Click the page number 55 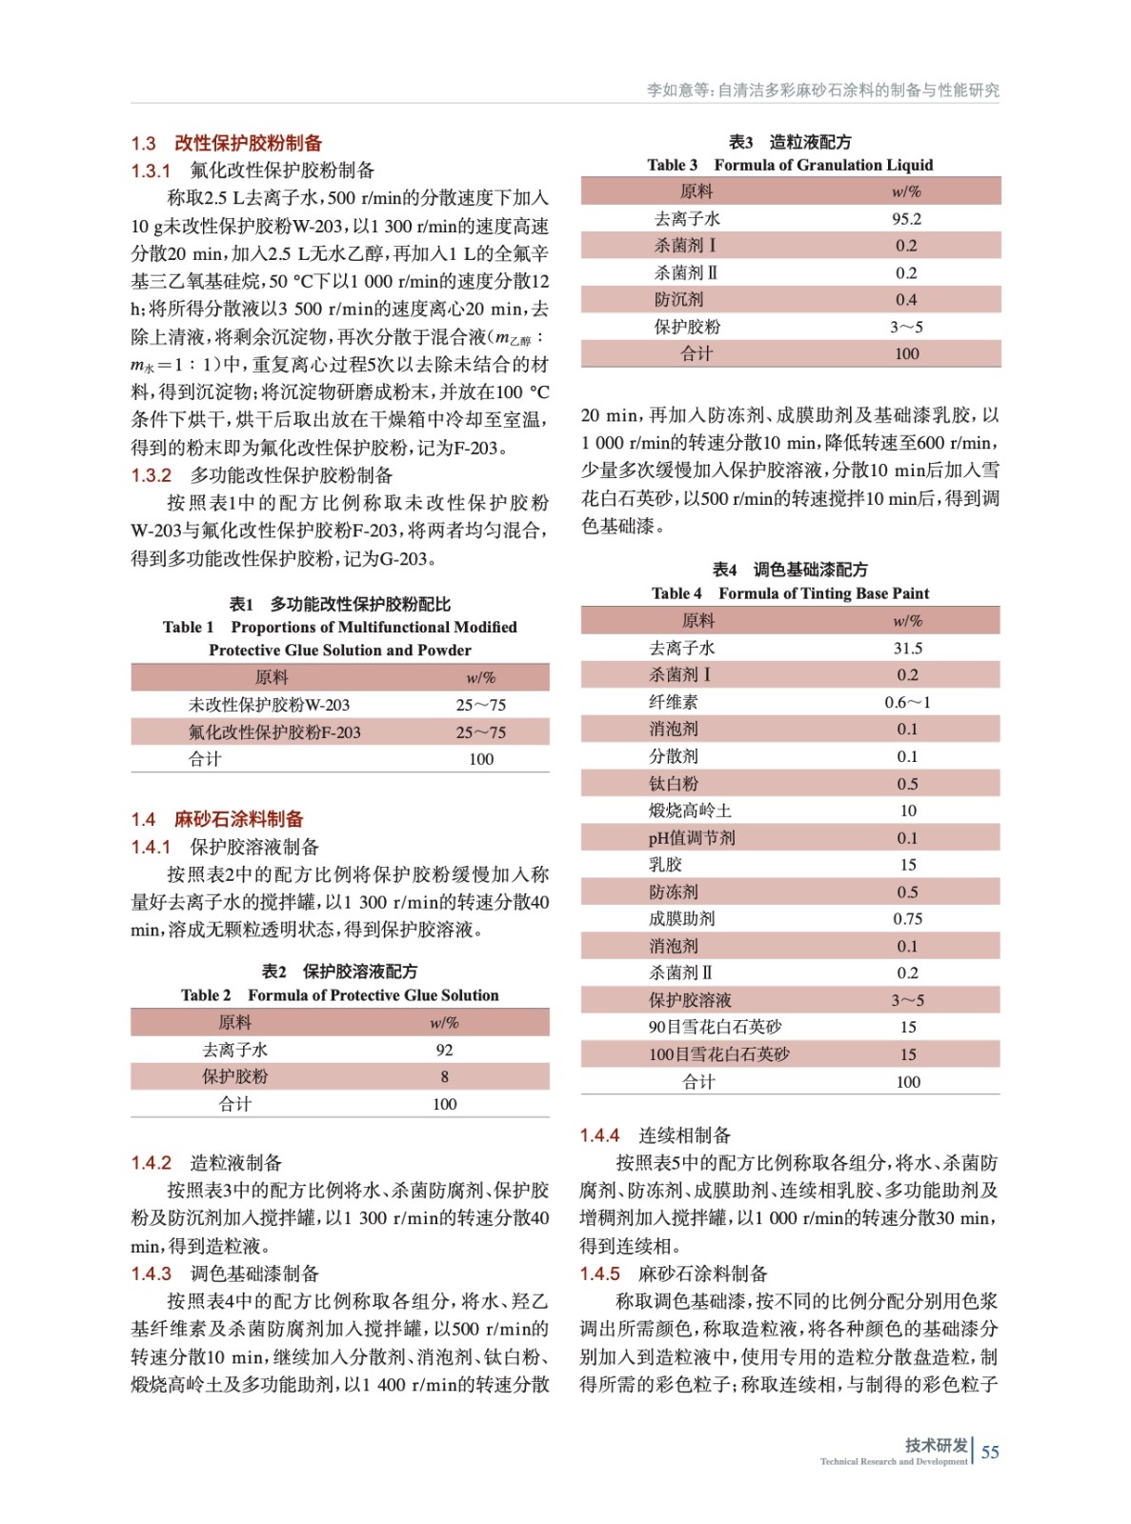[x=990, y=1452]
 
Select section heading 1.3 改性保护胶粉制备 [x=227, y=143]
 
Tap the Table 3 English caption [x=790, y=165]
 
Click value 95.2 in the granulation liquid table [x=906, y=218]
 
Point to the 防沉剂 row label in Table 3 [x=679, y=299]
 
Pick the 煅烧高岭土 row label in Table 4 [x=690, y=811]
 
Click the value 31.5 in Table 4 [x=907, y=648]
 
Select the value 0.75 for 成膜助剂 [x=907, y=918]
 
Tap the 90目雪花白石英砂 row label [x=715, y=1027]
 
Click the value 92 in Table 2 [x=444, y=1050]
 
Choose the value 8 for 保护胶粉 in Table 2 [x=444, y=1076]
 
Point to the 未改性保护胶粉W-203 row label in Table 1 [x=269, y=705]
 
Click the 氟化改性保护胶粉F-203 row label [x=274, y=732]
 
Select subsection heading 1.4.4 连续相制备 [x=656, y=1135]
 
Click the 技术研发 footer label [x=936, y=1445]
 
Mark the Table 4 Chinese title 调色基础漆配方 [x=790, y=570]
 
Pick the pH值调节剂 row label [x=692, y=838]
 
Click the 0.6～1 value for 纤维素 [x=907, y=702]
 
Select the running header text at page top [x=823, y=90]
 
